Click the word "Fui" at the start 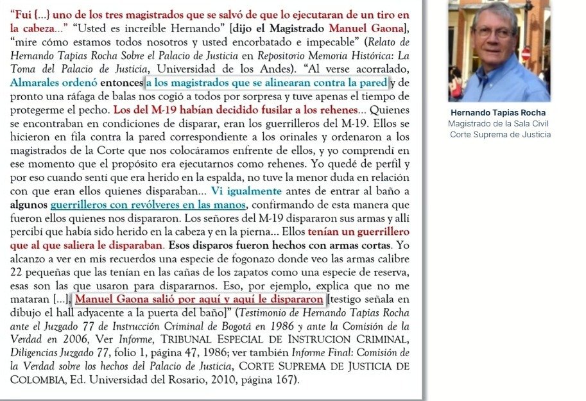click(x=22, y=15)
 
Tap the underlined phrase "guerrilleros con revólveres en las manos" click(x=148, y=205)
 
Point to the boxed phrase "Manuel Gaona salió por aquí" click(x=199, y=300)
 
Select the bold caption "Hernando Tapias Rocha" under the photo click(x=498, y=113)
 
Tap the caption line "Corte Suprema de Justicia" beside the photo click(x=500, y=135)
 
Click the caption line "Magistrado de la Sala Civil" click(x=498, y=124)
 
